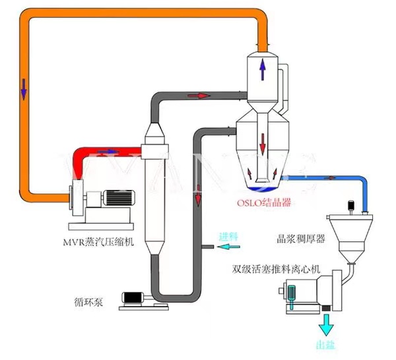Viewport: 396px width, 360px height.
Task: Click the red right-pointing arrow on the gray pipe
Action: click(197, 96)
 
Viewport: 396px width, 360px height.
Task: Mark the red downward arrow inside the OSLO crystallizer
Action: click(263, 140)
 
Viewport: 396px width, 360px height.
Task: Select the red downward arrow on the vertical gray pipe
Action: click(197, 196)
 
